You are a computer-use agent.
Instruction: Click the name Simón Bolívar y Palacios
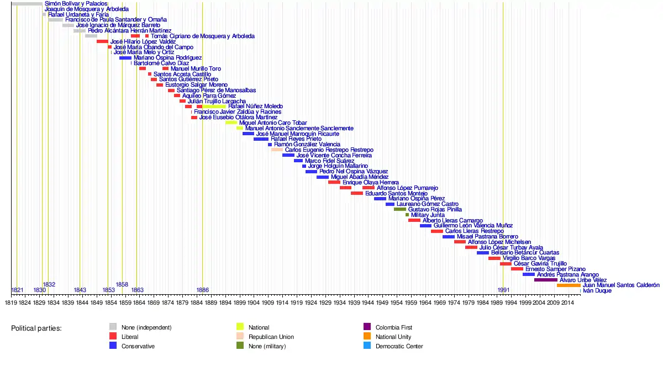pyautogui.click(x=76, y=4)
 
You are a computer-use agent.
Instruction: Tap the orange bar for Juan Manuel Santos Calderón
pyautogui.click(x=569, y=285)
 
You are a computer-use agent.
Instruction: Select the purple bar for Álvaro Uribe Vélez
pyautogui.click(x=545, y=280)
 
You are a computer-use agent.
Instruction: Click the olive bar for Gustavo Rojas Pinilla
pyautogui.click(x=400, y=210)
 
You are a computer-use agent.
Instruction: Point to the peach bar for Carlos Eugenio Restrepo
pyautogui.click(x=277, y=150)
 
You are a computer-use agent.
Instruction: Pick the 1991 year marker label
pyautogui.click(x=503, y=290)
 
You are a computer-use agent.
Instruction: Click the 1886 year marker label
pyautogui.click(x=203, y=290)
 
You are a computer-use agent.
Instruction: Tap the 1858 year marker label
pyautogui.click(x=122, y=285)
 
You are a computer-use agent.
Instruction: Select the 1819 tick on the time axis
pyautogui.click(x=11, y=302)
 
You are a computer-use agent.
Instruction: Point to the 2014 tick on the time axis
pyautogui.click(x=567, y=302)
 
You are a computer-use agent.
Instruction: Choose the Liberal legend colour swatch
pyautogui.click(x=113, y=336)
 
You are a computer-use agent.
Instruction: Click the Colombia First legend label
pyautogui.click(x=394, y=327)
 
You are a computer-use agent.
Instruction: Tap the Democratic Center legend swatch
pyautogui.click(x=367, y=346)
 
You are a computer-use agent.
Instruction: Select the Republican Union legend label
pyautogui.click(x=271, y=337)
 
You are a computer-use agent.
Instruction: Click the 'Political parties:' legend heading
pyautogui.click(x=36, y=328)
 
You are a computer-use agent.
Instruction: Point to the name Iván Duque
pyautogui.click(x=597, y=291)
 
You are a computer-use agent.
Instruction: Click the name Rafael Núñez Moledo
pyautogui.click(x=255, y=107)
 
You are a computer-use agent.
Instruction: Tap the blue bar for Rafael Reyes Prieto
pyautogui.click(x=261, y=139)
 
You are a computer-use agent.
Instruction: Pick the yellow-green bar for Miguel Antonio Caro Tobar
pyautogui.click(x=231, y=123)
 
